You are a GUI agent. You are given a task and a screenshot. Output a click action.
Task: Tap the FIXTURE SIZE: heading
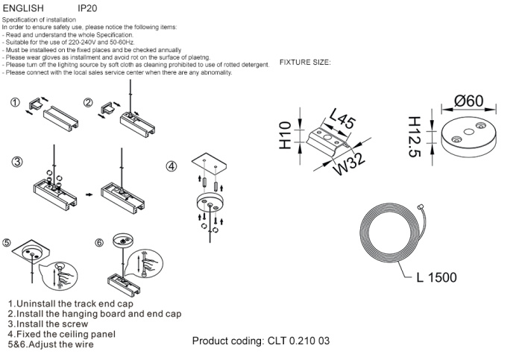(305, 62)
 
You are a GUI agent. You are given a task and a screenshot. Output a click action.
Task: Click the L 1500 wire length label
(436, 278)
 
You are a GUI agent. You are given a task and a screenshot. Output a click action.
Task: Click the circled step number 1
(14, 104)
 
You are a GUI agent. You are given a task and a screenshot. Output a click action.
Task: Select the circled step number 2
(88, 104)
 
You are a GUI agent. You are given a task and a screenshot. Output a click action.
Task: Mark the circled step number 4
(172, 166)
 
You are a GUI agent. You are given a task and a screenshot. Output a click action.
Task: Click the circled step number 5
(7, 243)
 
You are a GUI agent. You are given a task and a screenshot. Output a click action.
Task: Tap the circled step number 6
(99, 243)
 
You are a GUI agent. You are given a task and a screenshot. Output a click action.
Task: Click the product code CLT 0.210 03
(260, 341)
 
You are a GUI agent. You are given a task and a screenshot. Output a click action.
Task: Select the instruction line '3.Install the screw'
(50, 325)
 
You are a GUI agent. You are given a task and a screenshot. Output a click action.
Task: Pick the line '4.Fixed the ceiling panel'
(67, 335)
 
